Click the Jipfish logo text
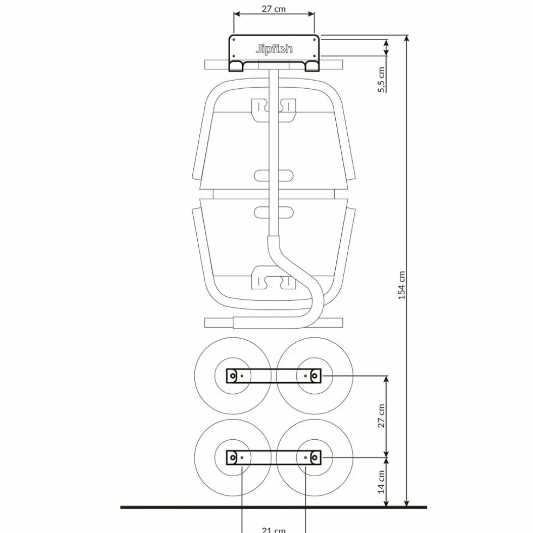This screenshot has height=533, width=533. [x=274, y=49]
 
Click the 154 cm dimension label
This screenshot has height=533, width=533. [x=402, y=285]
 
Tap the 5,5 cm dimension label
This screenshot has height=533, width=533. [x=381, y=80]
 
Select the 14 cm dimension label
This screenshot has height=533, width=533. [x=381, y=482]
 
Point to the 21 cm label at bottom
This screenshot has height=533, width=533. [x=274, y=530]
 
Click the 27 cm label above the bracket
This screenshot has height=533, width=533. [x=274, y=9]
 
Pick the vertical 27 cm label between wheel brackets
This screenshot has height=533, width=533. [x=381, y=415]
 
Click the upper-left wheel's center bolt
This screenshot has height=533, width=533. [x=233, y=376]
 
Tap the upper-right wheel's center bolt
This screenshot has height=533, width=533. [x=315, y=376]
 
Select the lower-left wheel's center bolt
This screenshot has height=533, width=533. [x=233, y=458]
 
